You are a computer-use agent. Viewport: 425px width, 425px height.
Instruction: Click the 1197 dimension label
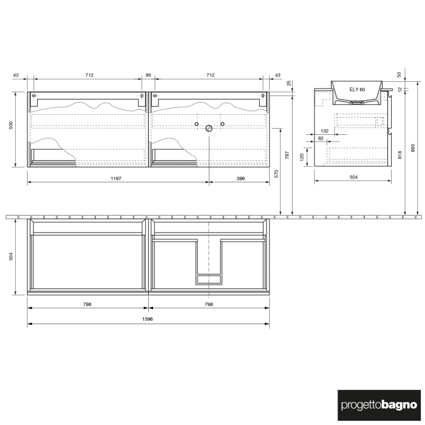(x=117, y=178)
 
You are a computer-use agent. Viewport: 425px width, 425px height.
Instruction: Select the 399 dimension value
(x=240, y=178)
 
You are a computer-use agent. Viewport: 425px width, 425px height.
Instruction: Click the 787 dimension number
(x=287, y=157)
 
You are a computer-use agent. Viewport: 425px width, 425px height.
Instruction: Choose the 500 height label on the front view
(x=10, y=126)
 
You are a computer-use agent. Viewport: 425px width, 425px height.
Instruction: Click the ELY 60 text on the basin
(x=357, y=89)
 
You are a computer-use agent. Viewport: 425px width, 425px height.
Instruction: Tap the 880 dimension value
(x=413, y=148)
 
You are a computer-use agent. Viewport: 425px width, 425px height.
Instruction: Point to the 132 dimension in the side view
(x=324, y=131)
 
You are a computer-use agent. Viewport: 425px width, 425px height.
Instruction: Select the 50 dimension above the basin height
(x=399, y=74)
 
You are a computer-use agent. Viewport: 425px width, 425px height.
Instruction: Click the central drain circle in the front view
(x=209, y=128)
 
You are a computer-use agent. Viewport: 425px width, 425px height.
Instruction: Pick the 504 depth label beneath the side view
(x=353, y=177)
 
